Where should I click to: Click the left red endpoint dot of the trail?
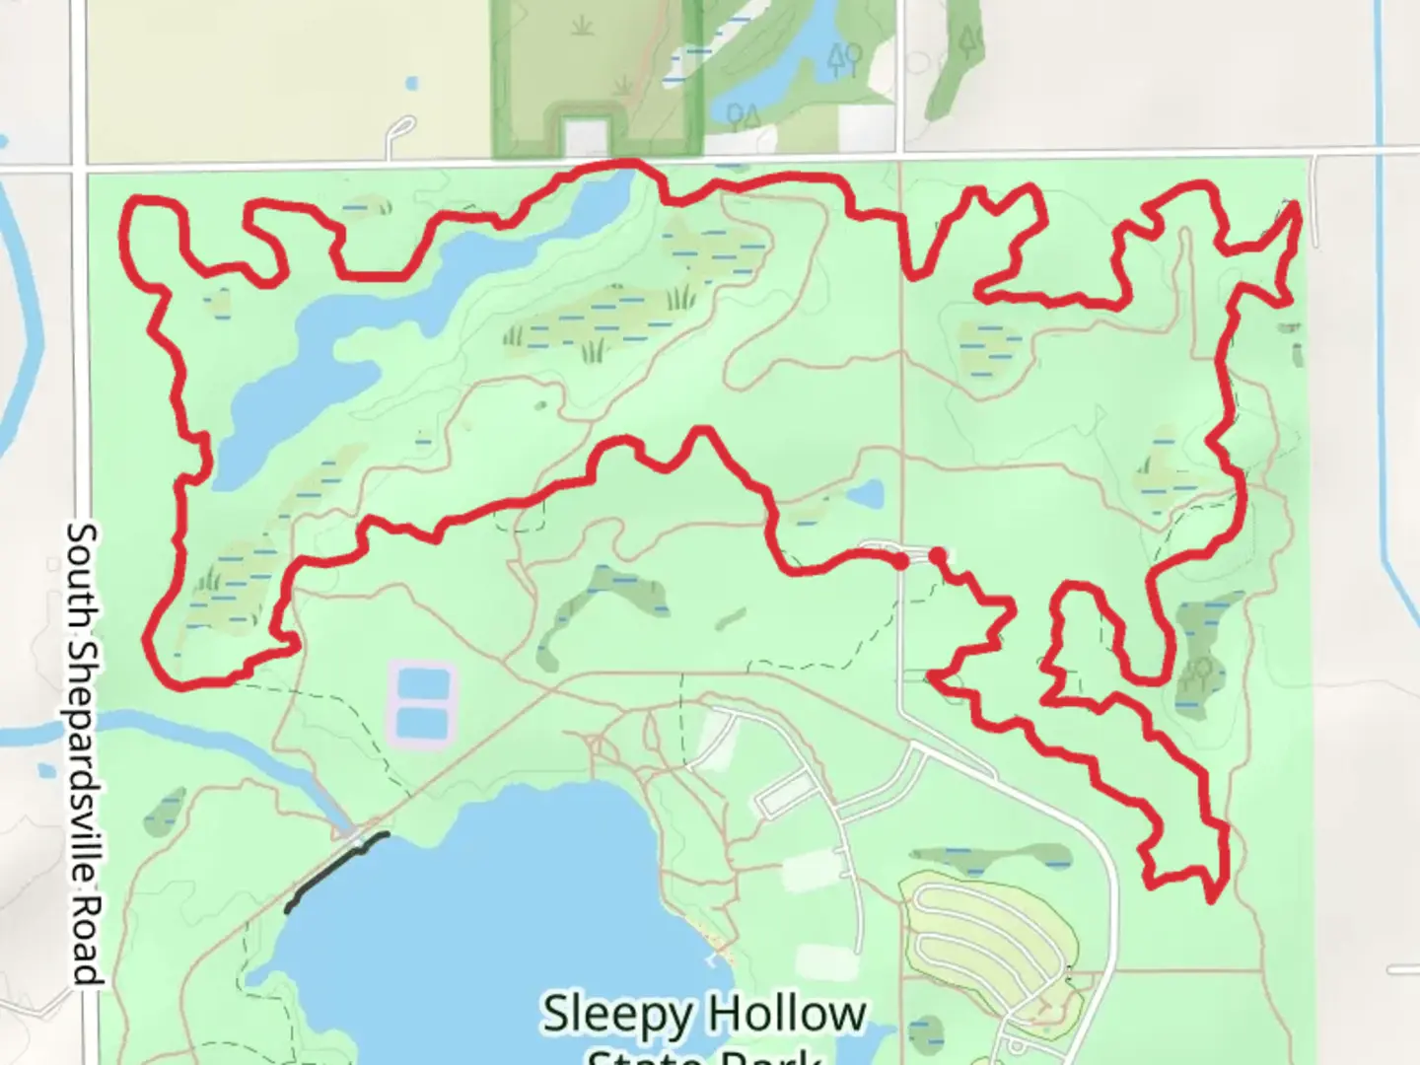point(901,561)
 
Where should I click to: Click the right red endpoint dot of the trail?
point(937,556)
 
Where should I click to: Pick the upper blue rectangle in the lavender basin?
point(422,683)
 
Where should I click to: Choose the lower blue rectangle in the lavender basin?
point(422,724)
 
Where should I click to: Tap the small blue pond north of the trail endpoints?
point(865,494)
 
